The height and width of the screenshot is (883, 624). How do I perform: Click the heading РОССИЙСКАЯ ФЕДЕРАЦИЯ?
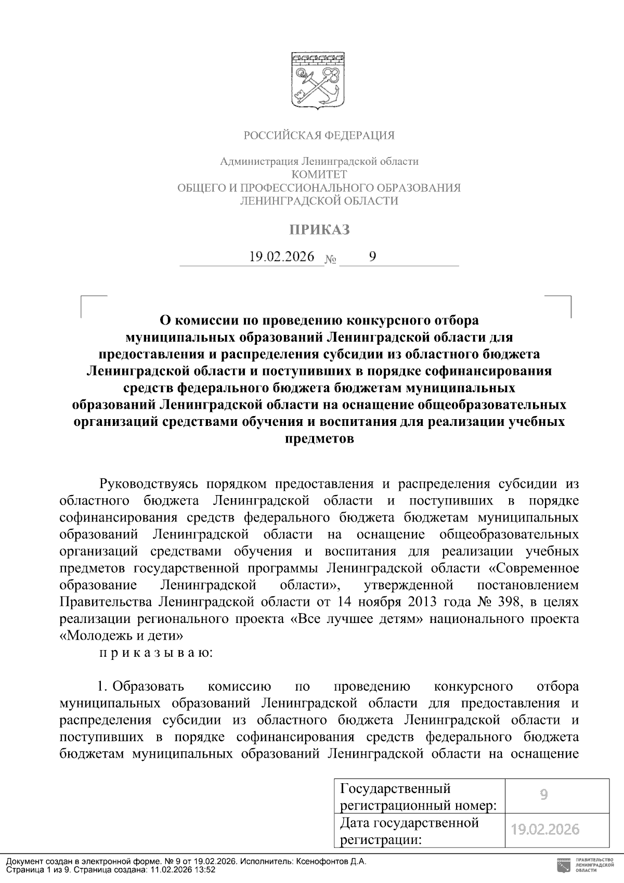coord(319,136)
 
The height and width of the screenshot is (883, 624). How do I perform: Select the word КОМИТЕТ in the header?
coord(319,174)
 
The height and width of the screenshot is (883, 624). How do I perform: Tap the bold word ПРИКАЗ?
coord(319,229)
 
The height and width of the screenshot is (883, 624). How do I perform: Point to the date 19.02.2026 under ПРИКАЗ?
coord(282,256)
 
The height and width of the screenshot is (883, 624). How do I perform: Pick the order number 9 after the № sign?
coord(372,256)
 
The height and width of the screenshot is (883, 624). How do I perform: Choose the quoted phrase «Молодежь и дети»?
coord(121,636)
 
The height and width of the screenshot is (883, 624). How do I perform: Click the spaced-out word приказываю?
coord(155,653)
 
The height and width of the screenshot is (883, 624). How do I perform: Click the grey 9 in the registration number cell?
coord(544,795)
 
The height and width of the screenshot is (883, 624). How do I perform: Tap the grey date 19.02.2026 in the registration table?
coord(545,829)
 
